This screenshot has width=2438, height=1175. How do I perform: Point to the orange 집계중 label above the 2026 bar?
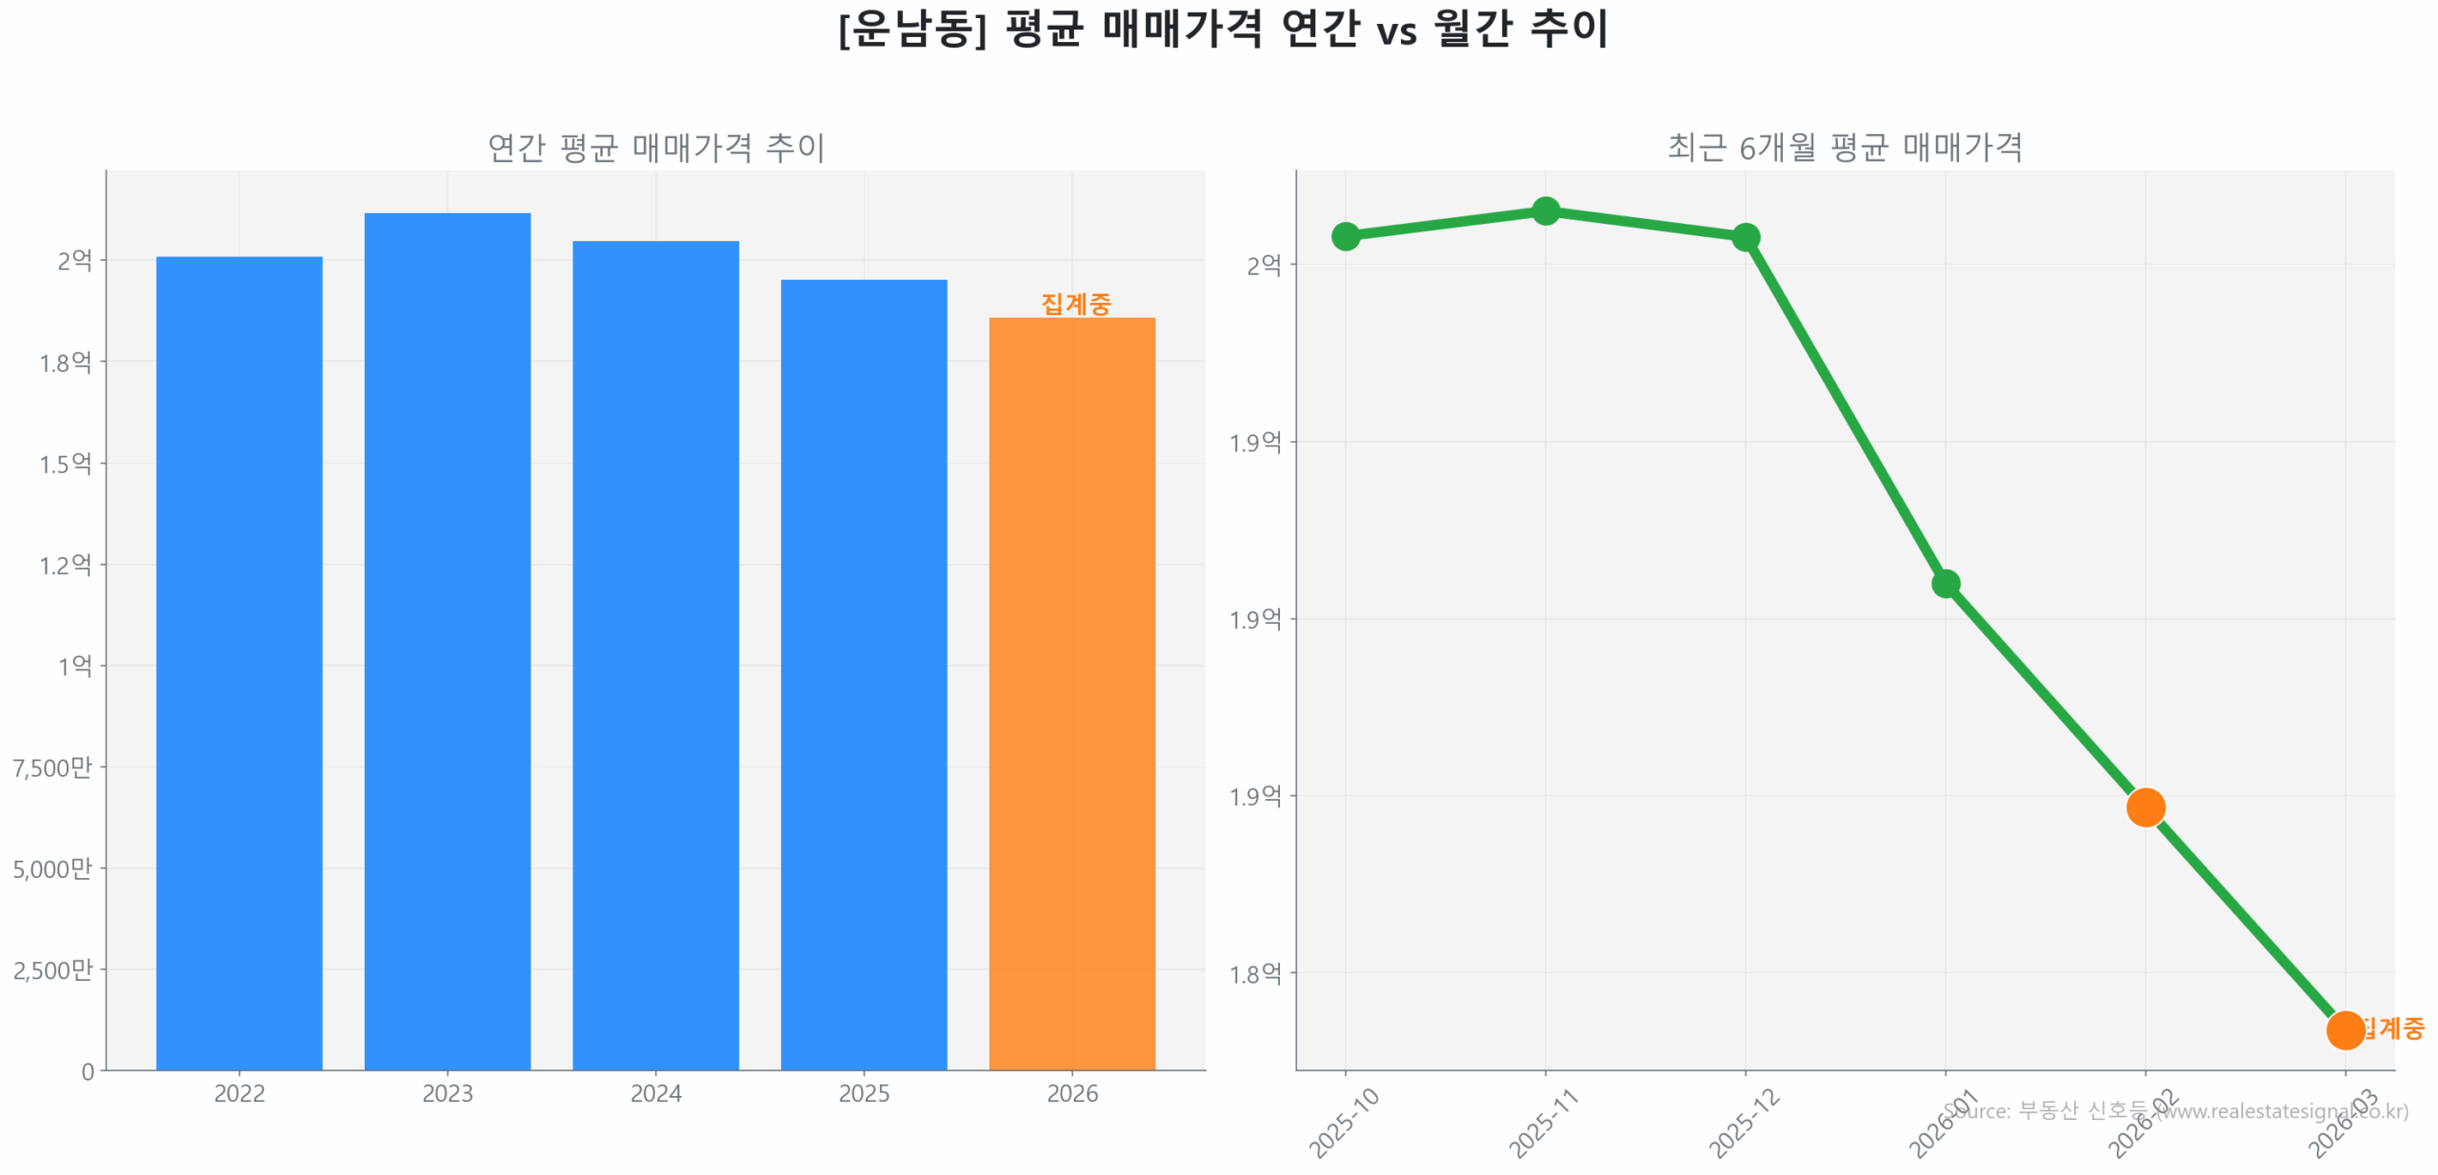pyautogui.click(x=1075, y=304)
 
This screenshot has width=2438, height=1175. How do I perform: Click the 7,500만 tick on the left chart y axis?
pyautogui.click(x=53, y=767)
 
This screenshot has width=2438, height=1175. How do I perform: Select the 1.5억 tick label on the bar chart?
pyautogui.click(x=65, y=464)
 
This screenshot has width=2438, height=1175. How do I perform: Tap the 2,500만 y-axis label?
pyautogui.click(x=53, y=969)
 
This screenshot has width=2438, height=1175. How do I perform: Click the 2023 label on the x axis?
pyautogui.click(x=447, y=1093)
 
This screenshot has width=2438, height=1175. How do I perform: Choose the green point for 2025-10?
pyautogui.click(x=1345, y=236)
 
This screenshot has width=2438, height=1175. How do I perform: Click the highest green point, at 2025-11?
pyautogui.click(x=1545, y=210)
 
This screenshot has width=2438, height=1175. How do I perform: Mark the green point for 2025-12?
pyautogui.click(x=1745, y=237)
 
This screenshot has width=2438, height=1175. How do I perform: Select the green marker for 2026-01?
pyautogui.click(x=1945, y=584)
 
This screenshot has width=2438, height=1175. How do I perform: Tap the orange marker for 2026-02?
pyautogui.click(x=2145, y=807)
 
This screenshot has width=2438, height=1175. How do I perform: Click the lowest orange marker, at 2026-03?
pyautogui.click(x=2344, y=1029)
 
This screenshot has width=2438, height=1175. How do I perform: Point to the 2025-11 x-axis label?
pyautogui.click(x=1543, y=1124)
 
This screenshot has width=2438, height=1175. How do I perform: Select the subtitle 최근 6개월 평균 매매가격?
pyautogui.click(x=1844, y=148)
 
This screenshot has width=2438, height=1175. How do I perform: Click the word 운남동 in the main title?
pyautogui.click(x=911, y=29)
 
